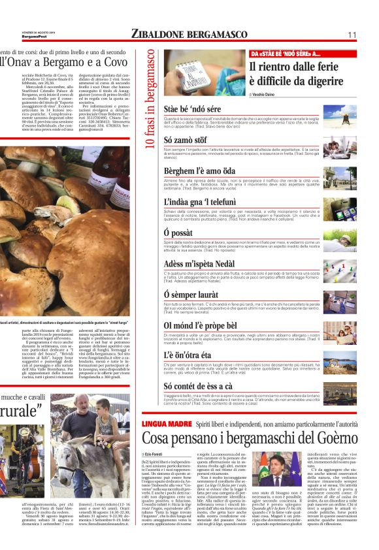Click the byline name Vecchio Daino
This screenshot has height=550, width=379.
pyautogui.click(x=269, y=96)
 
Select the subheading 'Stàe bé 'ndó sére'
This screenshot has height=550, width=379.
pyautogui.click(x=193, y=108)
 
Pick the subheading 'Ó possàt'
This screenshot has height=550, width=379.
pyautogui.click(x=178, y=232)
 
